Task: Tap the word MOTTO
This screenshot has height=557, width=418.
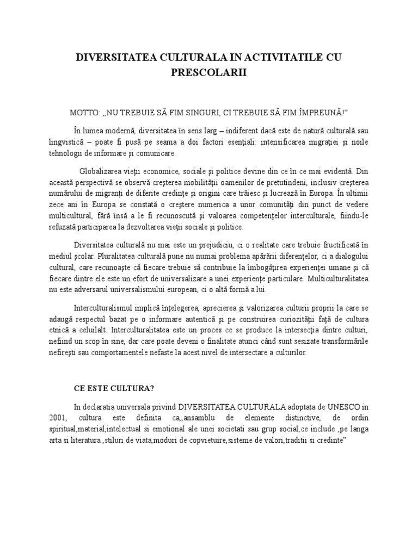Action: point(83,112)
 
